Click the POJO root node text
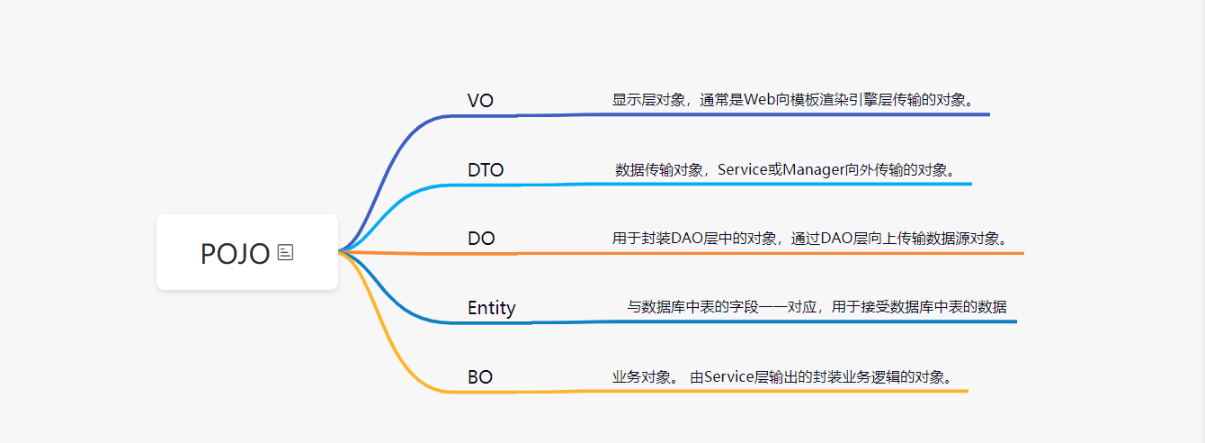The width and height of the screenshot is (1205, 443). [x=235, y=254]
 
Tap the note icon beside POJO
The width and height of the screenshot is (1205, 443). [x=286, y=253]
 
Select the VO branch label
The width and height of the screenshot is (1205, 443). [x=480, y=101]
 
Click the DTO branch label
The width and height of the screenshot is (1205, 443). [x=486, y=170]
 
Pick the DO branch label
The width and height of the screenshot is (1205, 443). [x=481, y=240]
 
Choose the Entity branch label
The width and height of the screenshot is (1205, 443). [x=491, y=308]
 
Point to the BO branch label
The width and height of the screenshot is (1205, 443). [x=480, y=377]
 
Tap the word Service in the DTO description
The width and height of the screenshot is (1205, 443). [x=742, y=169]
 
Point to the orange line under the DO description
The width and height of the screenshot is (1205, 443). [x=809, y=253]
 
